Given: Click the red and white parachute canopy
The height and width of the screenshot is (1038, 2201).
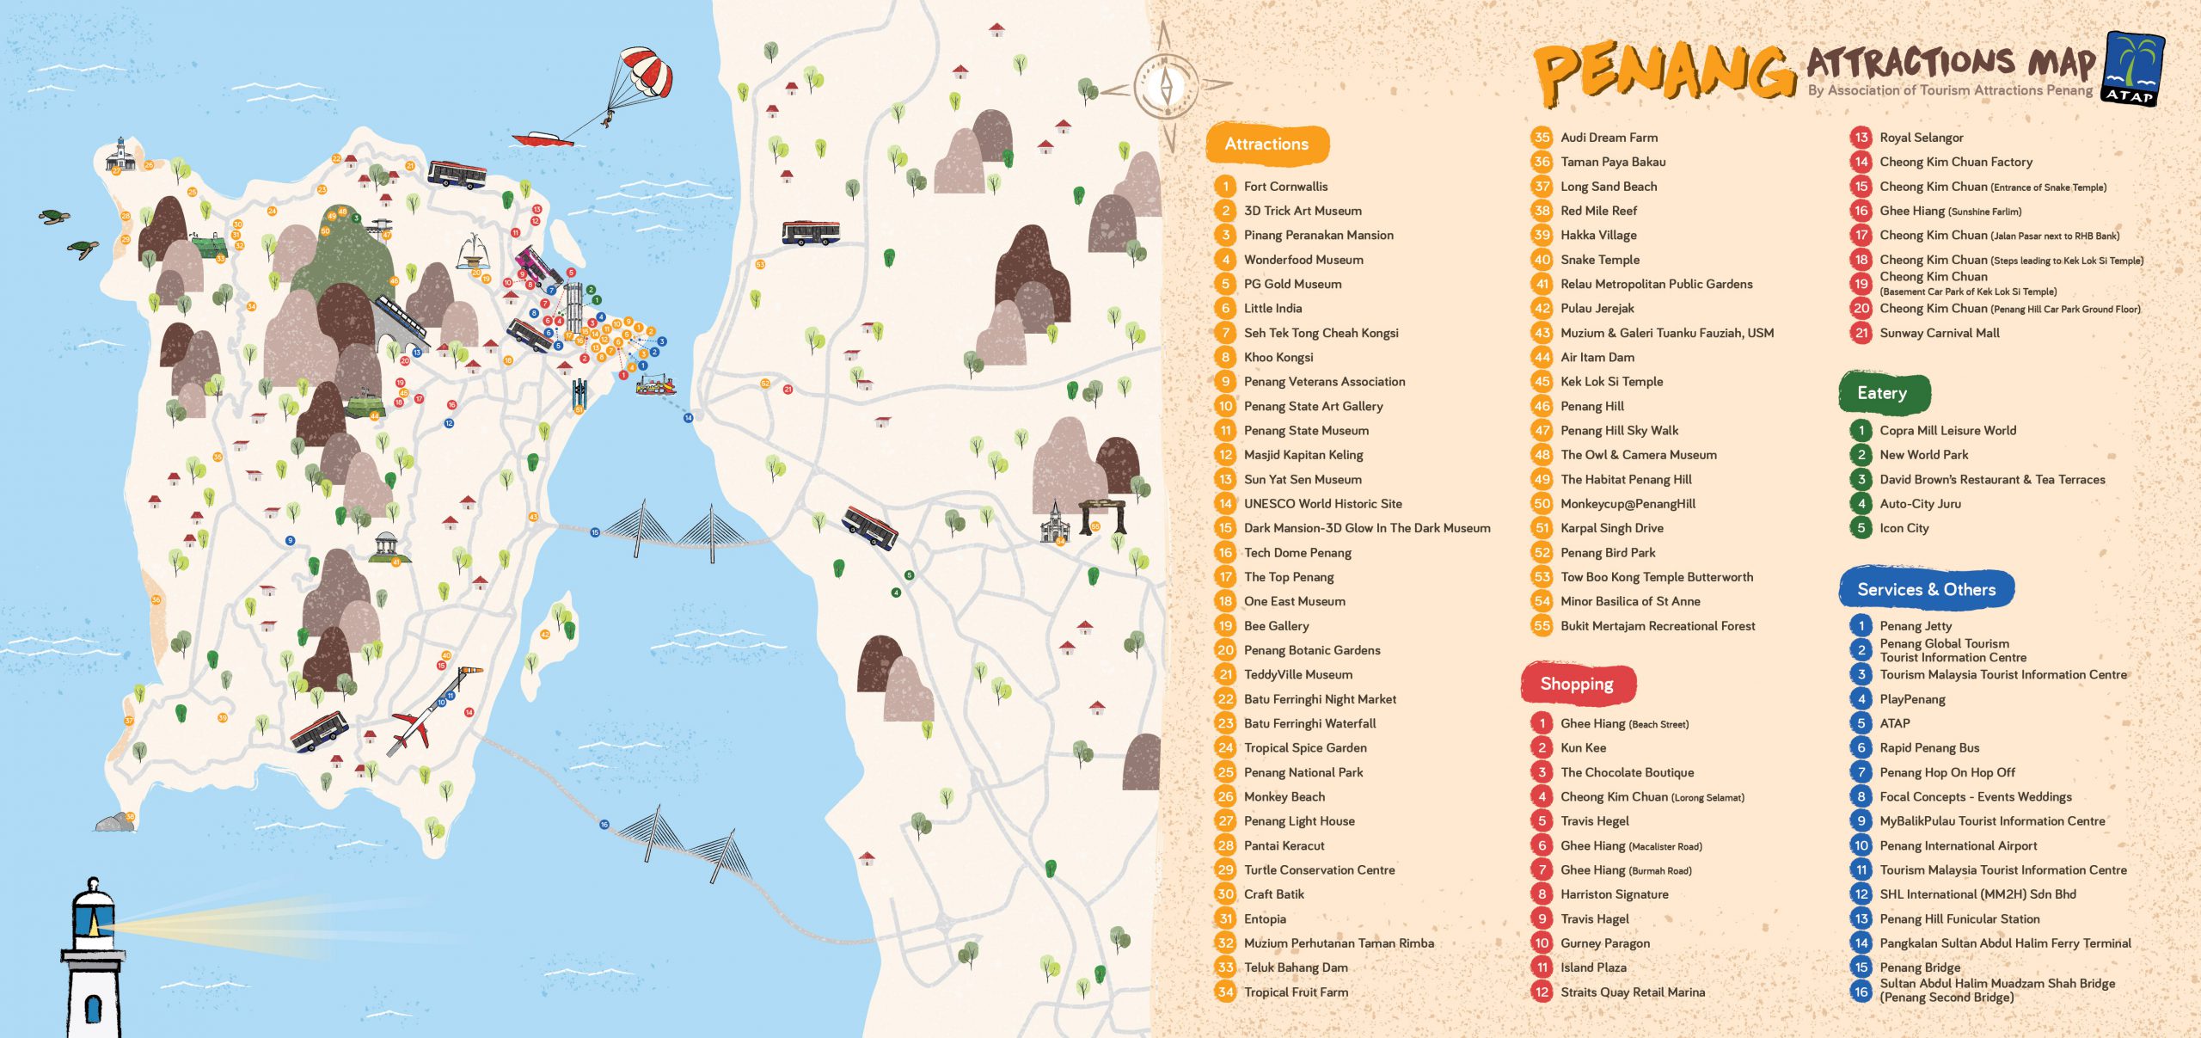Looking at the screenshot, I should coord(646,70).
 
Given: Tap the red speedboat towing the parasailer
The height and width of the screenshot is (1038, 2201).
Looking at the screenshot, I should coord(542,138).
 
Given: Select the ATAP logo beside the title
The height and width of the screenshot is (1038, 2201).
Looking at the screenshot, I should coord(2133,69).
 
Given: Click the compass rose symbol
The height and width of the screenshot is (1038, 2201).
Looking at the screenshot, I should coord(1166,86).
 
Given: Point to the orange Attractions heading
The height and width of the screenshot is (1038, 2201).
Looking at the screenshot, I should coord(1266,144).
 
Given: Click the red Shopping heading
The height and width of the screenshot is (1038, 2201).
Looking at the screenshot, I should coord(1577,684).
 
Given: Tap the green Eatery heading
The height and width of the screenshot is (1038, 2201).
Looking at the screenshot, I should coord(1883,393).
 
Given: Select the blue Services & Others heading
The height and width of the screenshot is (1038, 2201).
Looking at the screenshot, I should coord(1926,590).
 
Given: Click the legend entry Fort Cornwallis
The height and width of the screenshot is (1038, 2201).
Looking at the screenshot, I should coord(1285,187).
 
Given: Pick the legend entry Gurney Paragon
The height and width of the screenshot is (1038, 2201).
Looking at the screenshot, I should coord(1604,943).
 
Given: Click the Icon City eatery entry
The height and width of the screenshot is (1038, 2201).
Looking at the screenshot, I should coord(1904,529).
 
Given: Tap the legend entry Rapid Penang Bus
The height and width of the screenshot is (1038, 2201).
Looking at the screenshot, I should coord(1928,748).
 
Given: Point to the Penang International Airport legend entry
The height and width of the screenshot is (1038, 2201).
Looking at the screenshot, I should coord(1958,846).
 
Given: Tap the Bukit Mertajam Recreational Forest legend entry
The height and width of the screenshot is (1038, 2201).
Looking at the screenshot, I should coord(1657,626).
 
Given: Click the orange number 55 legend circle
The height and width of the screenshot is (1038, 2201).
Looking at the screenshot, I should coord(1542,626).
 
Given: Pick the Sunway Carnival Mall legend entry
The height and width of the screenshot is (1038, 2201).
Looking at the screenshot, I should coord(1939,334).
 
